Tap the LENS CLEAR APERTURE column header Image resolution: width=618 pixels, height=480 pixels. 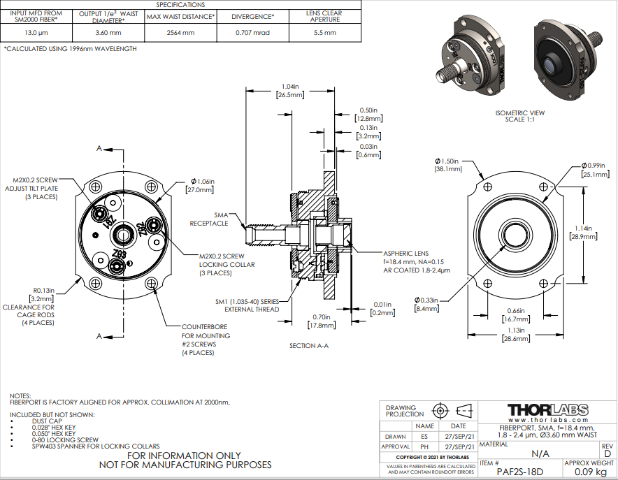[x=324, y=16]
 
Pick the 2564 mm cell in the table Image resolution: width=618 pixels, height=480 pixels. [x=180, y=33]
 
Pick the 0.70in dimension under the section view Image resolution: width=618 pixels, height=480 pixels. [x=322, y=321]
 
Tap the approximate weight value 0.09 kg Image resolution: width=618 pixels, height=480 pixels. [x=590, y=472]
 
